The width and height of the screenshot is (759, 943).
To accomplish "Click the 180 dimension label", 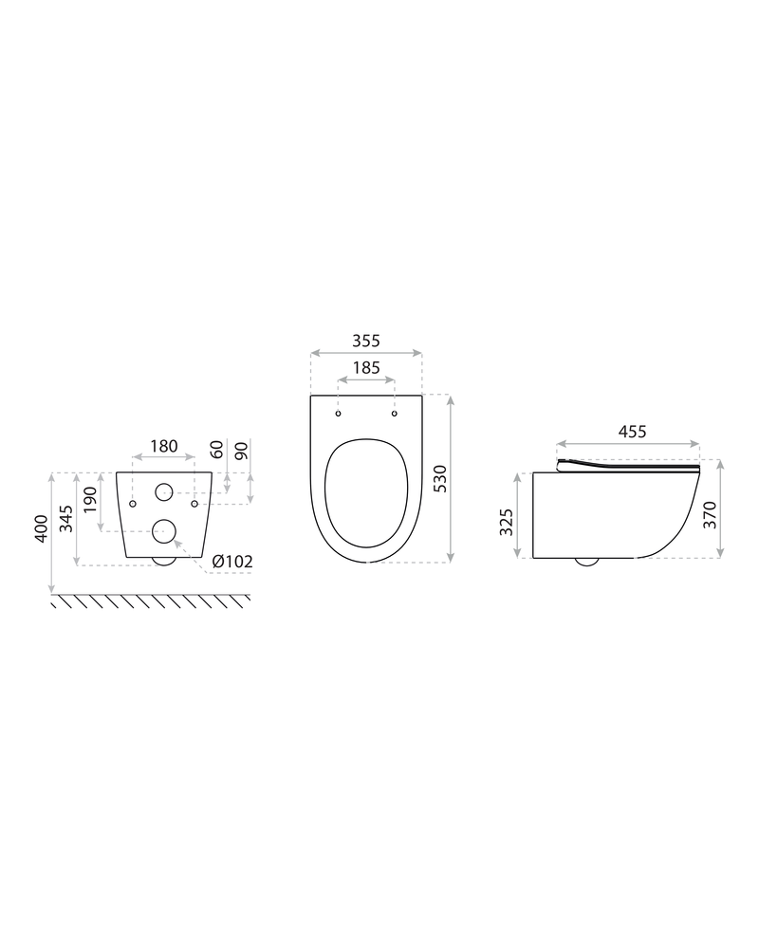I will pos(164,446).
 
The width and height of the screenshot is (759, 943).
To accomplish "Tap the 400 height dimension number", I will pos(42,529).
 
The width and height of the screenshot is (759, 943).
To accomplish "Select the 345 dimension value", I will pos(68,518).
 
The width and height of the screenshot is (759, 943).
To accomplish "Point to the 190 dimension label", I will pos(92,501).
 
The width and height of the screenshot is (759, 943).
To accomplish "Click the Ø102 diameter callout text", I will pos(232,562).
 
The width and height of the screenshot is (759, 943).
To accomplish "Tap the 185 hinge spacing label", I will pos(366,367).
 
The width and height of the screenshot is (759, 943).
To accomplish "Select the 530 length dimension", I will pos(466,479).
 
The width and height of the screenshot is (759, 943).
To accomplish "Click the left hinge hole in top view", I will pos(339,414).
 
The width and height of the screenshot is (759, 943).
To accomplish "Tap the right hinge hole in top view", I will pos(394,414).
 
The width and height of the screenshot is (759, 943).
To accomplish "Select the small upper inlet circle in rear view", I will pos(163,491).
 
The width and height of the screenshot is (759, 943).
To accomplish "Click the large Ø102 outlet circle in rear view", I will pos(163,532).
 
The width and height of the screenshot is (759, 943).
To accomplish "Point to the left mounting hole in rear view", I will pos(134,503).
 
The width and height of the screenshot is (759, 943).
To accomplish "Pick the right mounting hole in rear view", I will pos(194,503).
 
